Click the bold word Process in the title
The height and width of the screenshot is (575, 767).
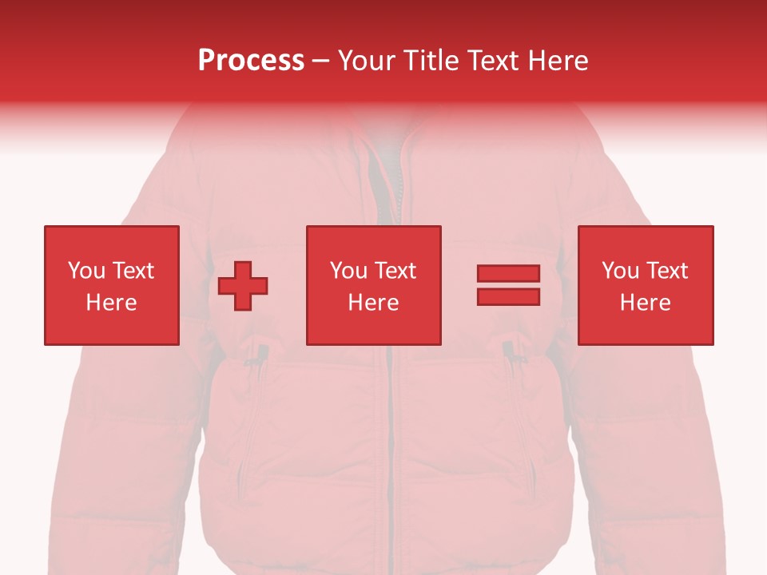click(251, 60)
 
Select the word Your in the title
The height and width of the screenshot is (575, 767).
click(367, 60)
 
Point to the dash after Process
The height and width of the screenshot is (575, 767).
click(320, 61)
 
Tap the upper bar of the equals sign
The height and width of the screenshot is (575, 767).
click(508, 274)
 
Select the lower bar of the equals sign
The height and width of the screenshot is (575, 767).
click(508, 297)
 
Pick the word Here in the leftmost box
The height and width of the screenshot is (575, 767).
click(111, 303)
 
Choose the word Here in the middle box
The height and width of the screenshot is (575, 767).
click(373, 303)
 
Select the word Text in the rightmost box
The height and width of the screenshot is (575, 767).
click(666, 271)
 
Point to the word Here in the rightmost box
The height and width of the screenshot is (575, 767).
click(645, 303)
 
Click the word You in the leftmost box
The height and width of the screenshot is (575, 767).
click(86, 271)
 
